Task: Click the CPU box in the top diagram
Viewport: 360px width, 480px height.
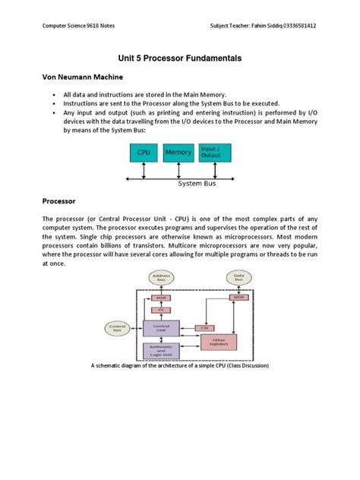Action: pyautogui.click(x=144, y=153)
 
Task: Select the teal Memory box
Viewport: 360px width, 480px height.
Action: pyautogui.click(x=178, y=153)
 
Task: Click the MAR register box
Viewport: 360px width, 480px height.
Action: pyautogui.click(x=160, y=297)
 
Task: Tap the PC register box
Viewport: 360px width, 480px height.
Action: pyautogui.click(x=160, y=309)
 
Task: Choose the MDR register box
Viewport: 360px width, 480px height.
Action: pyautogui.click(x=239, y=297)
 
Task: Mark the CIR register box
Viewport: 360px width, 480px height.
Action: pyautogui.click(x=204, y=328)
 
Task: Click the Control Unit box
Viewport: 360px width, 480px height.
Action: pyautogui.click(x=160, y=327)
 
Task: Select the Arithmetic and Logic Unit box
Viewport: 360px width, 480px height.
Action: pyautogui.click(x=160, y=351)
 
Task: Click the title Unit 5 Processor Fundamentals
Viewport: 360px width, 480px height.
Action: pyautogui.click(x=179, y=57)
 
